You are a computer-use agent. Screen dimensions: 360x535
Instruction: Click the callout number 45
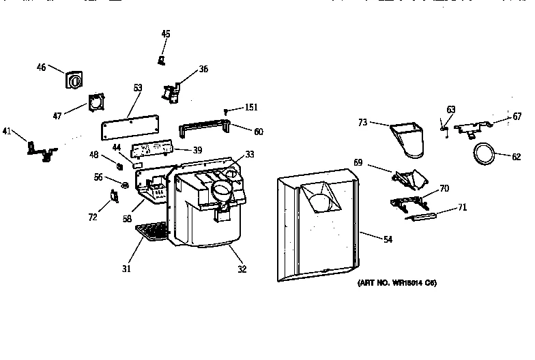coord(166,33)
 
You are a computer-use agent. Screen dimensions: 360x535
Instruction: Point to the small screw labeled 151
coord(226,109)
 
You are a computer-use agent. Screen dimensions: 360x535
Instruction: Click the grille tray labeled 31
coord(151,233)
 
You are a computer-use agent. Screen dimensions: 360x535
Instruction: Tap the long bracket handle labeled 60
coord(203,129)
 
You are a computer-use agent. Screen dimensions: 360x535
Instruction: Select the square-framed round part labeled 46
coord(73,80)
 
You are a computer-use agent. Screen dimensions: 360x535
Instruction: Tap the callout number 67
coord(517,116)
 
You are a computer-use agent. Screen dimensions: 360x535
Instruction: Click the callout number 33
coord(250,155)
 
